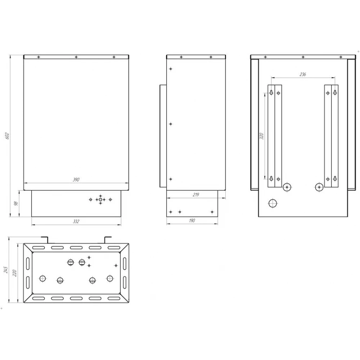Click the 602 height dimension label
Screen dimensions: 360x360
7,136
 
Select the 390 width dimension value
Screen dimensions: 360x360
76,180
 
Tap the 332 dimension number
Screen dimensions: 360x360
76,221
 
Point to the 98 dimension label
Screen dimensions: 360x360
16,203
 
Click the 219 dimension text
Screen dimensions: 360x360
196,195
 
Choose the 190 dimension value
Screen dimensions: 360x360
192,220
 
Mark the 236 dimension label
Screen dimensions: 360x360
303,74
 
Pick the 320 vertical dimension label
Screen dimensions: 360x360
261,136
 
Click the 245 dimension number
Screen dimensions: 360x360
6,270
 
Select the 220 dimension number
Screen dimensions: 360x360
15,273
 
